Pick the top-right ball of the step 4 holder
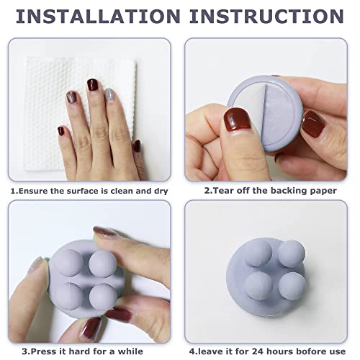pos(291,253)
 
